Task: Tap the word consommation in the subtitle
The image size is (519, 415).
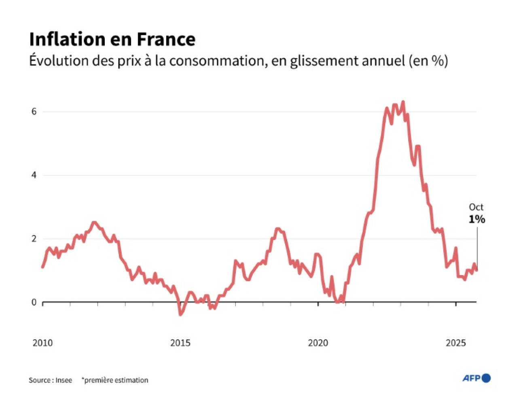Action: pyautogui.click(x=218, y=61)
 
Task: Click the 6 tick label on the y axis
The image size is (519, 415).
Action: pyautogui.click(x=34, y=112)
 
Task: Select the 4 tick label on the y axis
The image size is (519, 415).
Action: pyautogui.click(x=34, y=175)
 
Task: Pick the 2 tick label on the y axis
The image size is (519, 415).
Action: pyautogui.click(x=34, y=239)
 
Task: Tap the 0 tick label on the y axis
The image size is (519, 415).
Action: pyautogui.click(x=34, y=302)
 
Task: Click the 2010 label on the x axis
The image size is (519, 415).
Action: pyautogui.click(x=42, y=343)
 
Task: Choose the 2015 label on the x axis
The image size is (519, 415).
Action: pyautogui.click(x=180, y=343)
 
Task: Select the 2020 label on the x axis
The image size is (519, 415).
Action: pyautogui.click(x=318, y=343)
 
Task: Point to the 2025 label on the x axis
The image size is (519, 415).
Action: pyautogui.click(x=456, y=343)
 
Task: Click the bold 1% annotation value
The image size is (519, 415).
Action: pyautogui.click(x=477, y=219)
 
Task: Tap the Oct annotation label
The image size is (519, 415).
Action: pyautogui.click(x=476, y=207)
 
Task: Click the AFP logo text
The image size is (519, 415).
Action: pyautogui.click(x=471, y=378)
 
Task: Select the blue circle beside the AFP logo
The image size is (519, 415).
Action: pyautogui.click(x=487, y=378)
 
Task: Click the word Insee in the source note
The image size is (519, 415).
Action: pyautogui.click(x=64, y=380)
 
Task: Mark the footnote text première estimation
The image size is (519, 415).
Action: pyautogui.click(x=116, y=380)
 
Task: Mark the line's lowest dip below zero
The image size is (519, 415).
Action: pyautogui.click(x=180, y=314)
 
